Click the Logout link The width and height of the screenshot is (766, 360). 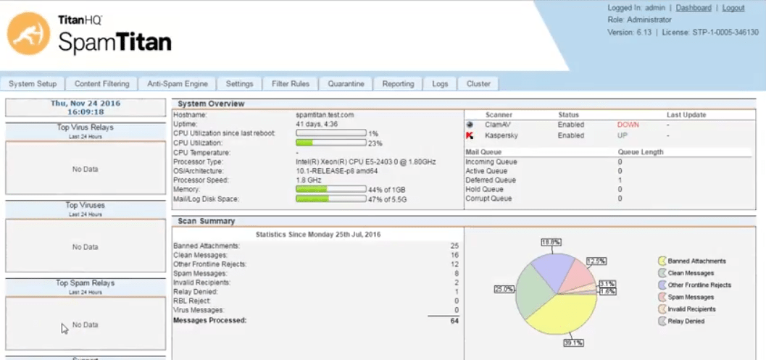(x=733, y=8)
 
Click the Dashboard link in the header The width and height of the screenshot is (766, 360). (x=694, y=8)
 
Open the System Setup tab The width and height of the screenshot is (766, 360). (x=33, y=84)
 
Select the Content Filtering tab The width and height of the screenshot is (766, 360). (x=102, y=84)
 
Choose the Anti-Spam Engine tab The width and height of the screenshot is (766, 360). (x=178, y=84)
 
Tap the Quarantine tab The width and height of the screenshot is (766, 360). (x=346, y=84)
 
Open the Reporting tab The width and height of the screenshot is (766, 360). (x=398, y=84)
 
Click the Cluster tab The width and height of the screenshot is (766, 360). (x=478, y=84)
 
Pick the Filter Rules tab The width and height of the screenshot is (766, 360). (x=291, y=84)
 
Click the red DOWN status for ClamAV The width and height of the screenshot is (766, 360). (x=628, y=125)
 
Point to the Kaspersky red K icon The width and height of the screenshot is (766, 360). (x=470, y=135)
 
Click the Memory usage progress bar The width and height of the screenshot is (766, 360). (x=330, y=189)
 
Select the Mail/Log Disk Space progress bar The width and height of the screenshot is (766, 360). (x=330, y=198)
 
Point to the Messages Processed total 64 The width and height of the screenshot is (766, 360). (x=454, y=320)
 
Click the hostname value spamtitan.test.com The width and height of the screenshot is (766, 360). (x=325, y=115)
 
